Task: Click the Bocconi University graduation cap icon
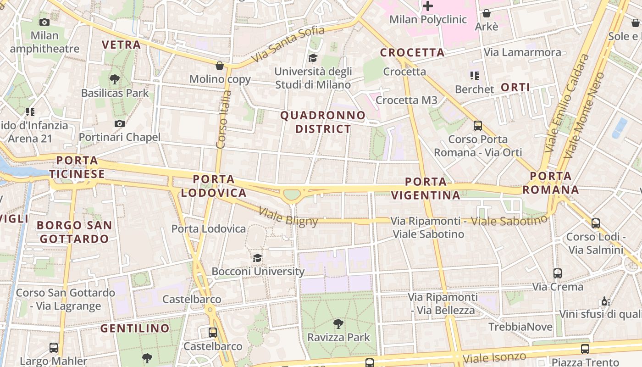tap(258, 258)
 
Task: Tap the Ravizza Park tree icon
tap(338, 324)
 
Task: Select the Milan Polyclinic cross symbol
tap(428, 6)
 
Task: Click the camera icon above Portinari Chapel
tap(120, 123)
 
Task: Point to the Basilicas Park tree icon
tap(115, 79)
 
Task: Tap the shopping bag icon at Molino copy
tap(220, 66)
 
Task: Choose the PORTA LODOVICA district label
tap(214, 186)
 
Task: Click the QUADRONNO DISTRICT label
tap(323, 122)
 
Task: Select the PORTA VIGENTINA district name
tap(426, 189)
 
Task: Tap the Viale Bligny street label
tap(288, 217)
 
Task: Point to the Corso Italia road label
tap(223, 119)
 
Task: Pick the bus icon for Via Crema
tap(558, 273)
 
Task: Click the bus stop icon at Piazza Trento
tap(585, 349)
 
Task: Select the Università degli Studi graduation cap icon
tap(313, 58)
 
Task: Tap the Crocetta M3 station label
tap(406, 100)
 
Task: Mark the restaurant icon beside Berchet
tap(474, 75)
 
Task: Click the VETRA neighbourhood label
tap(121, 44)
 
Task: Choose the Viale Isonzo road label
tap(494, 357)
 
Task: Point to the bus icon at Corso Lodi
tap(596, 223)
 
